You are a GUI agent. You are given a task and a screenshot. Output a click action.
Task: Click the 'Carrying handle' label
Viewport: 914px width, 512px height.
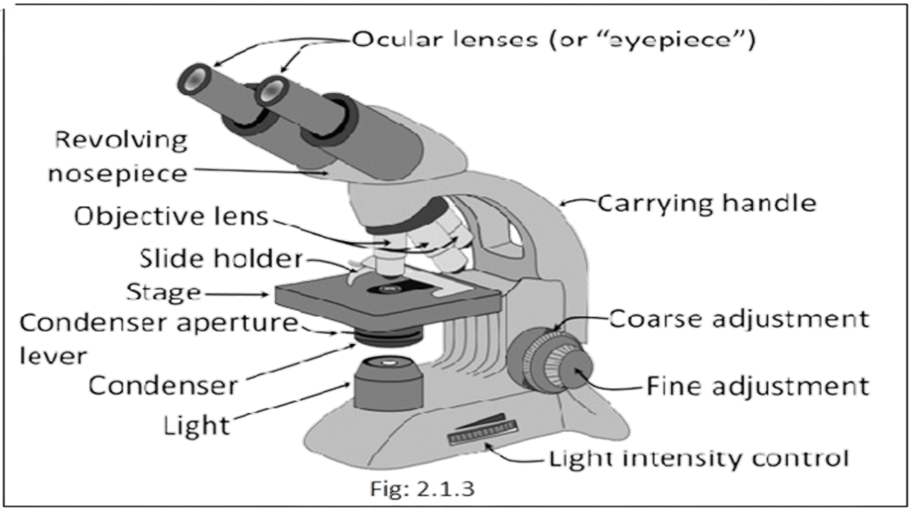[x=706, y=203]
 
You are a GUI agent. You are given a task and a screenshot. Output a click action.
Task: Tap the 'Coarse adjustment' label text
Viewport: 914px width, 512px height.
[x=738, y=319]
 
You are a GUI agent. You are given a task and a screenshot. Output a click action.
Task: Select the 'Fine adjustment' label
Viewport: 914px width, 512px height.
[x=757, y=386]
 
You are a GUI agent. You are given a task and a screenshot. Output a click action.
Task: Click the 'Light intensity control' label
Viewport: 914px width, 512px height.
[x=698, y=459]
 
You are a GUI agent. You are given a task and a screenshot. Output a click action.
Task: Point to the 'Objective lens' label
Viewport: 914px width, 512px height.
[x=171, y=216]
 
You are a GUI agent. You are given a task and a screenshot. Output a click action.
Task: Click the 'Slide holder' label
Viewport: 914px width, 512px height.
[x=221, y=259]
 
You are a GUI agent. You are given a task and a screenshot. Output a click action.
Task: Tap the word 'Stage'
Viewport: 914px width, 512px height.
[x=163, y=292]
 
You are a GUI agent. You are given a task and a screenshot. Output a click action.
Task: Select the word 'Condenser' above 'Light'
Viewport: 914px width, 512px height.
[x=163, y=386]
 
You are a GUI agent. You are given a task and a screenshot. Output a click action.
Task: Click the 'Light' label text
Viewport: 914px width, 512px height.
[x=196, y=425]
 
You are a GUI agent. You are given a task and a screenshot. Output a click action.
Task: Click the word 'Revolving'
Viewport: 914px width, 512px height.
[x=121, y=141]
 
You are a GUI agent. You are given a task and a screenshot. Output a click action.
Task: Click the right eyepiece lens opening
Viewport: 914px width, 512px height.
[x=272, y=89]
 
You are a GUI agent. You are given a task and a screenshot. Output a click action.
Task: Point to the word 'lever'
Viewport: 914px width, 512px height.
[x=53, y=356]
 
